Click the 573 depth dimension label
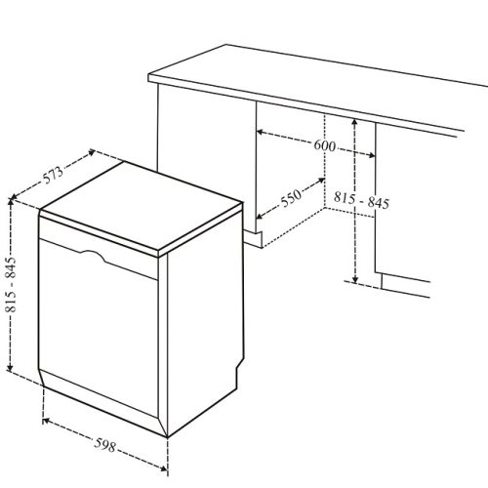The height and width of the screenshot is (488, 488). [x=54, y=175]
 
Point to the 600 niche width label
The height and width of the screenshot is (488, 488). [x=325, y=146]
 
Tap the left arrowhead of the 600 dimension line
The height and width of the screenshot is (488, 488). [x=260, y=131]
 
